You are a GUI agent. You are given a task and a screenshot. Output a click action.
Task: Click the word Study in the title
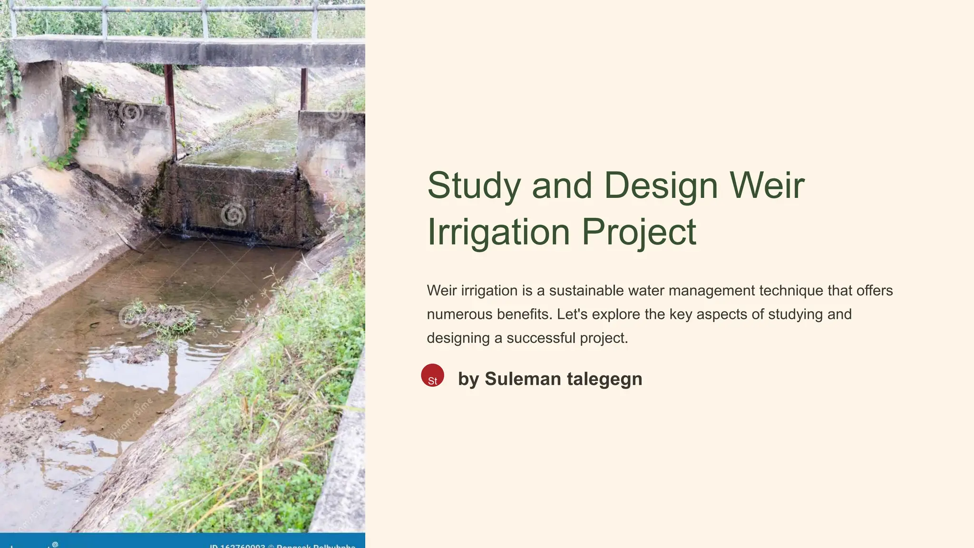[474, 186]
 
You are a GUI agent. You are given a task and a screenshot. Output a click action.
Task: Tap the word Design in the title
[661, 186]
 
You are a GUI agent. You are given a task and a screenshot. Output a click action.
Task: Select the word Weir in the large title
[767, 186]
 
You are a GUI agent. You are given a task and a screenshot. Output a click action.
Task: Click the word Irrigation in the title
[498, 232]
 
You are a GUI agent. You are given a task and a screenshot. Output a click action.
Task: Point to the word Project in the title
[639, 232]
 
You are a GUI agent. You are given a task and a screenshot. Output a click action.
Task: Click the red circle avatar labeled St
[432, 375]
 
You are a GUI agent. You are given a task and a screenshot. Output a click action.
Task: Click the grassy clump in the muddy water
[164, 319]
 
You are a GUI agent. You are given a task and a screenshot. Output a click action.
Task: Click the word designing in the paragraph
[458, 338]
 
